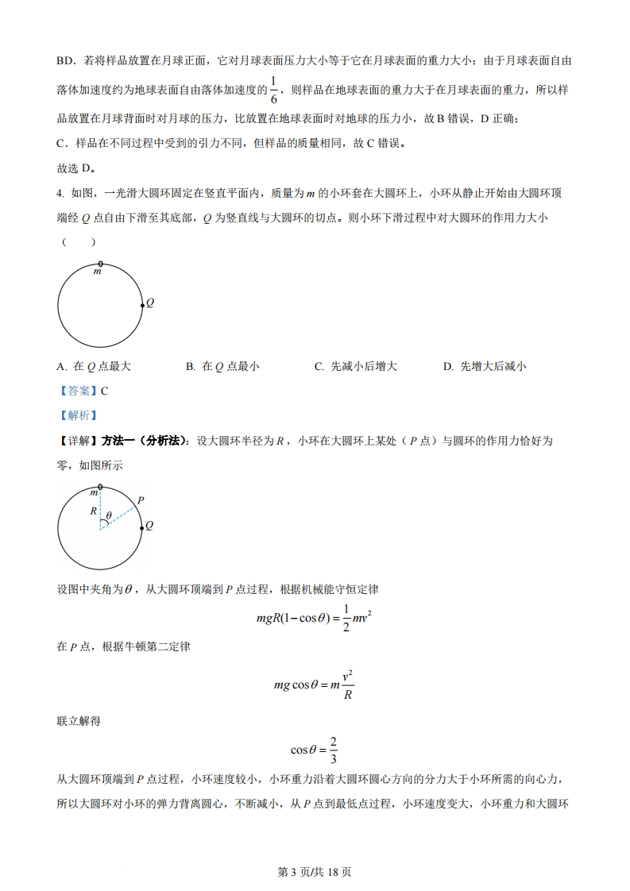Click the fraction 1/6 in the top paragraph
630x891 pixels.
pyautogui.click(x=273, y=90)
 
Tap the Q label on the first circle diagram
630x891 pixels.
pyautogui.click(x=150, y=303)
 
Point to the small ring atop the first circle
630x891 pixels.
pyautogui.click(x=99, y=263)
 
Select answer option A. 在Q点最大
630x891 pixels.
pyautogui.click(x=94, y=366)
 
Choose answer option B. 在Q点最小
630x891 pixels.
pyautogui.click(x=222, y=366)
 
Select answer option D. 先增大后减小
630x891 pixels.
pyautogui.click(x=485, y=366)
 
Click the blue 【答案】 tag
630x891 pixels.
pyautogui.click(x=77, y=391)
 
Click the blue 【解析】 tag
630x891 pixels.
pyautogui.click(x=77, y=415)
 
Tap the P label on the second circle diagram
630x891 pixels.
pyautogui.click(x=141, y=500)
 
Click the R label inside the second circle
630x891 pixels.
pyautogui.click(x=93, y=511)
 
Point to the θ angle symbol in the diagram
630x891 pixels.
pyautogui.click(x=109, y=515)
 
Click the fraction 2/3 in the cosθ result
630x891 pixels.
pyautogui.click(x=334, y=749)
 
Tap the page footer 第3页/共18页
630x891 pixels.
pyautogui.click(x=315, y=872)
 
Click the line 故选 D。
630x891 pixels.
pyautogui.click(x=77, y=168)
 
